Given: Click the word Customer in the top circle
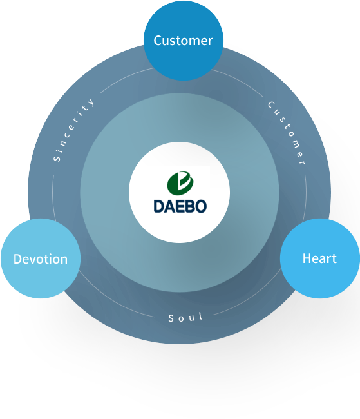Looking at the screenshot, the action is pyautogui.click(x=183, y=41).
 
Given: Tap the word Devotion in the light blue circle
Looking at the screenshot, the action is pyautogui.click(x=41, y=259).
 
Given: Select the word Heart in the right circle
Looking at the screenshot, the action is pyautogui.click(x=319, y=258).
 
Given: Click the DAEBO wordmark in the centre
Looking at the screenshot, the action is pyautogui.click(x=180, y=206).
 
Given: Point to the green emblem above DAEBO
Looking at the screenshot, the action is pyautogui.click(x=180, y=183).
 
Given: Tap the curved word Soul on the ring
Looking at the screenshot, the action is pyautogui.click(x=185, y=317).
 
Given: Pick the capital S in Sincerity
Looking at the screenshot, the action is pyautogui.click(x=57, y=158).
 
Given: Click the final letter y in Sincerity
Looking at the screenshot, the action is pyautogui.click(x=91, y=102).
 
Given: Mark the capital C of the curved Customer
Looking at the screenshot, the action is pyautogui.click(x=272, y=104).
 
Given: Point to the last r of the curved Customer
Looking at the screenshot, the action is pyautogui.click(x=303, y=162).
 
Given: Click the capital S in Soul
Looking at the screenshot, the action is pyautogui.click(x=171, y=318).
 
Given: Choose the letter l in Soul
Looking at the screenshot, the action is pyautogui.click(x=201, y=317).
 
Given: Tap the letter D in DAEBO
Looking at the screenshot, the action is pyautogui.click(x=158, y=206).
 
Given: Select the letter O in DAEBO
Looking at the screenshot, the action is pyautogui.click(x=201, y=206).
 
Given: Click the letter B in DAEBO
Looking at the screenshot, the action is pyautogui.click(x=190, y=206).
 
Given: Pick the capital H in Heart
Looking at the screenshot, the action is pyautogui.click(x=307, y=258).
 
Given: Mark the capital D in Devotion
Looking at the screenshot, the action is pyautogui.click(x=18, y=259).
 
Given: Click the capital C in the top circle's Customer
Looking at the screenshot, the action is pyautogui.click(x=158, y=41).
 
